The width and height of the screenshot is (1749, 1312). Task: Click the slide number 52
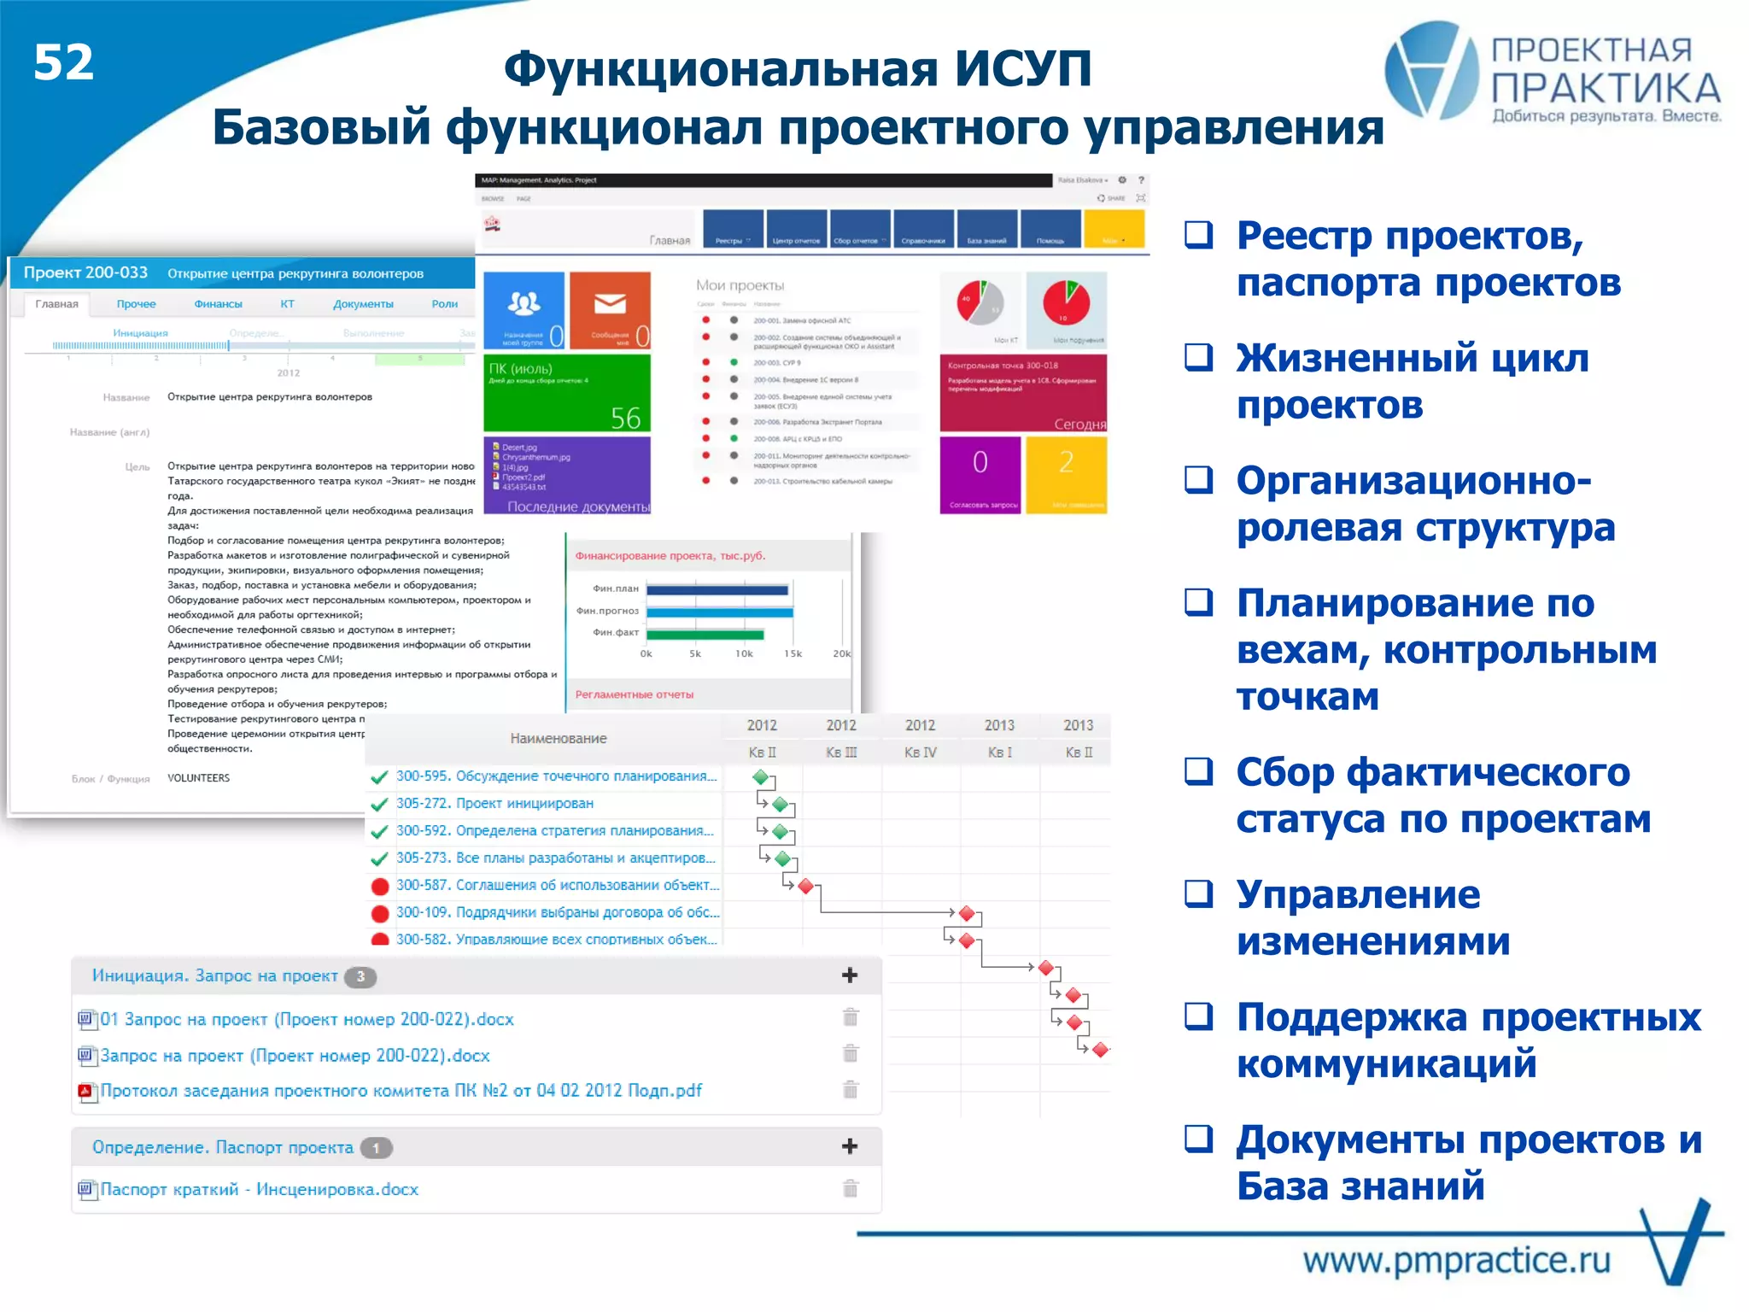[63, 63]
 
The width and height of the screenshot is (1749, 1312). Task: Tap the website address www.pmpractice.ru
[1456, 1261]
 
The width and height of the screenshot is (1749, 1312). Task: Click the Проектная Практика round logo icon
[1431, 70]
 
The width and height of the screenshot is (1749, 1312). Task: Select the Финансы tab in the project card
[218, 304]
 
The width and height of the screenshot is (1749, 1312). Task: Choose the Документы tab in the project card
[363, 304]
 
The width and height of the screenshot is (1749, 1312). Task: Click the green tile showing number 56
[567, 394]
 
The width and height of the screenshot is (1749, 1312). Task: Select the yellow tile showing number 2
[1066, 474]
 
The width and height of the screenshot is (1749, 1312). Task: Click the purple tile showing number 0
[980, 474]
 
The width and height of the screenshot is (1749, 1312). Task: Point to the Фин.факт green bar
[705, 634]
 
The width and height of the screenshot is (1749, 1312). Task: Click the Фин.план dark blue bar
[717, 589]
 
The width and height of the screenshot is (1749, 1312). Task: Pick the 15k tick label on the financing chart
[793, 654]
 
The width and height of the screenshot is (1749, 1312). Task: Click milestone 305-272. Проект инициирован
[494, 804]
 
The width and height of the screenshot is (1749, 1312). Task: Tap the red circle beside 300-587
[380, 886]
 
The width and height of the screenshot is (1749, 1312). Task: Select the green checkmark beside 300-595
[380, 777]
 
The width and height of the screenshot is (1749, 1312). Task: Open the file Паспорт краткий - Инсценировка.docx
[260, 1190]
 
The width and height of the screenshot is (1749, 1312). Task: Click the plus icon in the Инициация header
[850, 975]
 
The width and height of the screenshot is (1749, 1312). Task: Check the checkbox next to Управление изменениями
[1199, 894]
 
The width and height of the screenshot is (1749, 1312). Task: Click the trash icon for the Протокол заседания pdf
[851, 1090]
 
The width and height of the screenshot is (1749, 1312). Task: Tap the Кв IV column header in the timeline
[921, 753]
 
